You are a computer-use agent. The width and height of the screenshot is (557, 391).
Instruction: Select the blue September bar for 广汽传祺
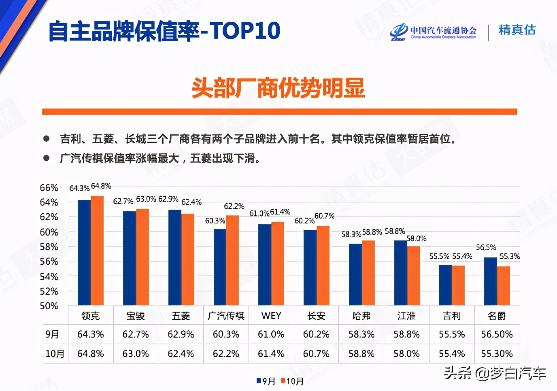220,267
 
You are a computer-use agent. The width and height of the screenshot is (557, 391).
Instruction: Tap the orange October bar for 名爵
503,285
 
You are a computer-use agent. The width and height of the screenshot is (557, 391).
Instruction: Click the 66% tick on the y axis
49,188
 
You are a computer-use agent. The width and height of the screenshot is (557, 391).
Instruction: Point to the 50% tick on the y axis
49,306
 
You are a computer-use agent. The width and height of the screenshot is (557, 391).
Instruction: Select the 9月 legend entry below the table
266,381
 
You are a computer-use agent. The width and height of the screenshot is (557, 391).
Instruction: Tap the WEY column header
271,316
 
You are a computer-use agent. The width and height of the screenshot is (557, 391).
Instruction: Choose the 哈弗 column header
361,316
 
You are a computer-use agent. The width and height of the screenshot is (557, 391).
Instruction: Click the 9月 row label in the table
53,334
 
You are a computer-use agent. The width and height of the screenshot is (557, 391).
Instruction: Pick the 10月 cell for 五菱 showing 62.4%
181,354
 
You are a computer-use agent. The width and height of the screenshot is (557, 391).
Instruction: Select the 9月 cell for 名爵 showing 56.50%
497,334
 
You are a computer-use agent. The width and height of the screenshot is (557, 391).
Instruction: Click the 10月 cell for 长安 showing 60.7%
316,354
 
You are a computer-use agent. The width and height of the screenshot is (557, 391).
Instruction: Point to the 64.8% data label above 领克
101,186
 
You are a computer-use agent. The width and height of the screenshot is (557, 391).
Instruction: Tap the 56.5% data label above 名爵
486,247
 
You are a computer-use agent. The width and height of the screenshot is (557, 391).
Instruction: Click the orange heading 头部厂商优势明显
278,88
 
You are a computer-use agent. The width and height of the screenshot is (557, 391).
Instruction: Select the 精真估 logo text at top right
517,30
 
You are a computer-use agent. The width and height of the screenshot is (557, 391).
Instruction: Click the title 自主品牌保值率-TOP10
164,31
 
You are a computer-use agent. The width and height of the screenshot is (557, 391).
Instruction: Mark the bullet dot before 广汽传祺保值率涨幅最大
47,158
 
